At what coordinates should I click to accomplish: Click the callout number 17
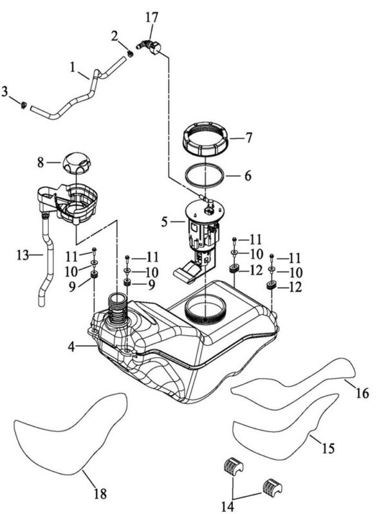pyautogui.click(x=152, y=18)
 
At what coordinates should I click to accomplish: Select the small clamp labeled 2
pyautogui.click(x=130, y=54)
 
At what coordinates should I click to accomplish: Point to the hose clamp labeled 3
pyautogui.click(x=24, y=106)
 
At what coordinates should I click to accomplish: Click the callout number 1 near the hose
pyautogui.click(x=73, y=67)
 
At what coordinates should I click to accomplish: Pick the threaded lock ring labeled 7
pyautogui.click(x=205, y=139)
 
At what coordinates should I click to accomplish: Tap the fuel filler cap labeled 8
pyautogui.click(x=76, y=163)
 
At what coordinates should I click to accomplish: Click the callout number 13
pyautogui.click(x=23, y=255)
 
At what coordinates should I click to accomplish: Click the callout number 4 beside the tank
pyautogui.click(x=71, y=347)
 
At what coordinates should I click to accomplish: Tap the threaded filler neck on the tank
pyautogui.click(x=117, y=309)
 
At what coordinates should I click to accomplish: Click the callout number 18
pyautogui.click(x=100, y=493)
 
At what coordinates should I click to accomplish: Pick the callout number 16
pyautogui.click(x=362, y=392)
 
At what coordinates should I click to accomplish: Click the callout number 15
pyautogui.click(x=328, y=448)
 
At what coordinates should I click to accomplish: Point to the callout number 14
pyautogui.click(x=227, y=506)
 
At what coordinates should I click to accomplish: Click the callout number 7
pyautogui.click(x=249, y=138)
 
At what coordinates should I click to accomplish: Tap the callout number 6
pyautogui.click(x=248, y=176)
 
